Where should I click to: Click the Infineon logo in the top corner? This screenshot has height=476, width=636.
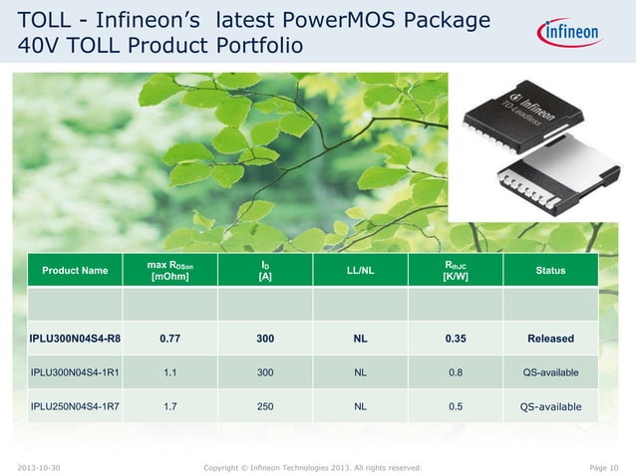click(x=571, y=34)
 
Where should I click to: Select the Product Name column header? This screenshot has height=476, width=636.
click(x=75, y=271)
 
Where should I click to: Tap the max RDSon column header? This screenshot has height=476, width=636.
click(x=169, y=270)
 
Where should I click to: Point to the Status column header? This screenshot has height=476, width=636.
click(x=550, y=271)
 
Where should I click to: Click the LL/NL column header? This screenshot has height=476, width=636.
click(x=360, y=271)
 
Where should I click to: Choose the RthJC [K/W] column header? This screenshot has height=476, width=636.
click(x=456, y=270)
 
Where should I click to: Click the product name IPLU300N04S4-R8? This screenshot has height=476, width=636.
click(x=75, y=339)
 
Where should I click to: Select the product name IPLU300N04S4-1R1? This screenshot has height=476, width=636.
click(x=75, y=372)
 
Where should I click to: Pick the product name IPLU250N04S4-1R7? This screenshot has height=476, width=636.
click(x=75, y=405)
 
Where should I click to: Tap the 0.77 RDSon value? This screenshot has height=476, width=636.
click(x=169, y=339)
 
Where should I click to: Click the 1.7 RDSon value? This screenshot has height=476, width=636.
click(x=169, y=405)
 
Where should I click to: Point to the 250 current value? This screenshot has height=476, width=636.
click(x=265, y=405)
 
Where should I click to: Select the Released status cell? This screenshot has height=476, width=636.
click(x=550, y=339)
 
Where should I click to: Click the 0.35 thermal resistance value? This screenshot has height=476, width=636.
click(x=456, y=339)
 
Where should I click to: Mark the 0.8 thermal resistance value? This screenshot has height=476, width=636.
click(x=456, y=372)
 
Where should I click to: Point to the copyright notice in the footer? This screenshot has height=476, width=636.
click(x=312, y=466)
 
